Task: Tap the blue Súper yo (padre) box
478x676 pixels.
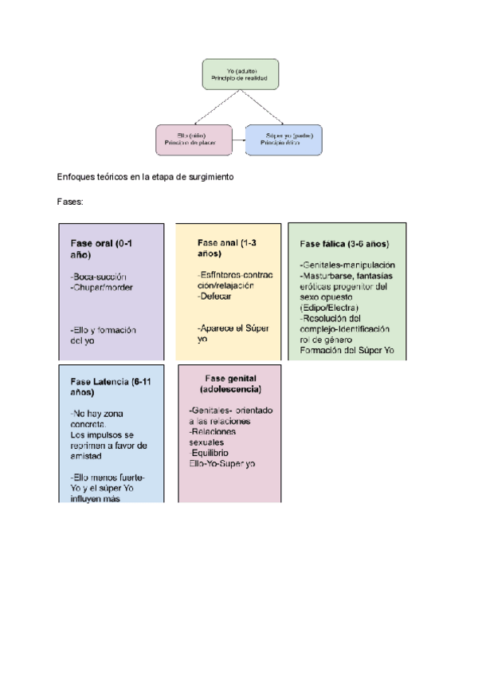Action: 285,138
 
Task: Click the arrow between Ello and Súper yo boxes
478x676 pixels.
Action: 238,139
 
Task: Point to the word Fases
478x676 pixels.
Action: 70,202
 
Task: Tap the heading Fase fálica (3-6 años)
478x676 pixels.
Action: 346,244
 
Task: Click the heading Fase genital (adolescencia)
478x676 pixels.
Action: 230,383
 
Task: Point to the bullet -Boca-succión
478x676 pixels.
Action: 98,277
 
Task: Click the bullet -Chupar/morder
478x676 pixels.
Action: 102,287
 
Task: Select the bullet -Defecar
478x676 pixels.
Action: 215,296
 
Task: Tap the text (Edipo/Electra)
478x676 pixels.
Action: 330,308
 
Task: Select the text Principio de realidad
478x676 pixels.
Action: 239,80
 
